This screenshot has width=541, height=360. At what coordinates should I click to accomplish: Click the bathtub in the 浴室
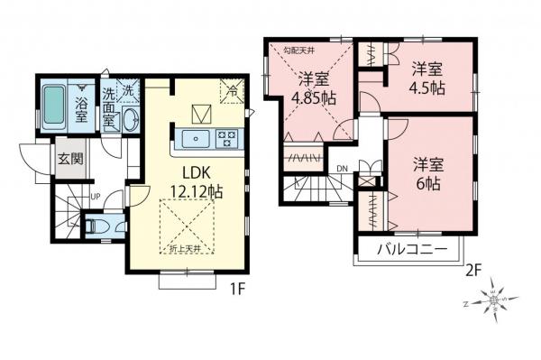click(x=52, y=105)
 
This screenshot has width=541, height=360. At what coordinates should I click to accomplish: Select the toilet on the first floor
click(x=97, y=226)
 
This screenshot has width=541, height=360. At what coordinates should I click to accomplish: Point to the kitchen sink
click(x=197, y=138)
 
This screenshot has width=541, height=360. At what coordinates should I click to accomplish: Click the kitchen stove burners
click(x=225, y=138)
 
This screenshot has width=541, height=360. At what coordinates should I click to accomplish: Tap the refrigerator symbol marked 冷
click(x=233, y=89)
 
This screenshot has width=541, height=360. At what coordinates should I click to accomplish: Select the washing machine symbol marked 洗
click(x=128, y=91)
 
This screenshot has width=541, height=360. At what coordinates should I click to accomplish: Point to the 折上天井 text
click(x=185, y=248)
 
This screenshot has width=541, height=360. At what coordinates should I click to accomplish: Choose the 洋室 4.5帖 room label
click(x=428, y=78)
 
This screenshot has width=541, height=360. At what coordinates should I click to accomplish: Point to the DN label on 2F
click(x=343, y=169)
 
